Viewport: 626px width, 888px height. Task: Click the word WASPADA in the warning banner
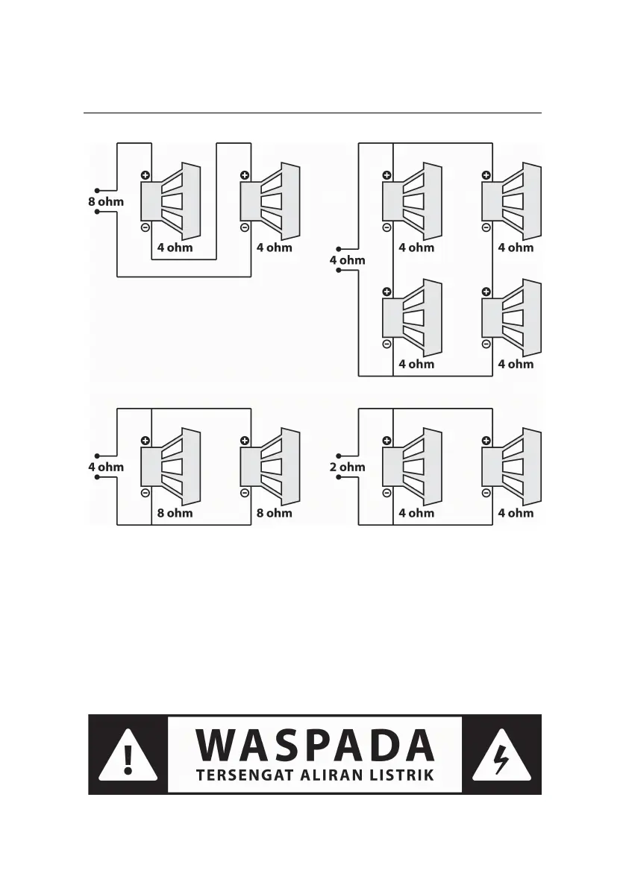pos(315,746)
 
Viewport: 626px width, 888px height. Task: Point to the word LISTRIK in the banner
pos(404,776)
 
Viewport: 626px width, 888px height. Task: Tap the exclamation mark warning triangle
pos(128,755)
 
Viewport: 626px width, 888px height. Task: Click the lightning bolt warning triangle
pos(502,755)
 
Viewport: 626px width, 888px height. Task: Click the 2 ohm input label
pos(347,467)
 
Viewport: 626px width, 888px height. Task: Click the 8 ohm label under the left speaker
pos(175,513)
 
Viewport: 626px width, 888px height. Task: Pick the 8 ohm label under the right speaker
pos(275,513)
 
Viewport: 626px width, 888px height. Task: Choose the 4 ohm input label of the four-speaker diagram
pos(347,260)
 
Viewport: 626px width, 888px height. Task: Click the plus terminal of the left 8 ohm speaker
pos(145,441)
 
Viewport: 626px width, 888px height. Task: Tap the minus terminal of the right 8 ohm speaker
pos(245,493)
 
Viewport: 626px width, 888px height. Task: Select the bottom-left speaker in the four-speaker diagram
pos(413,318)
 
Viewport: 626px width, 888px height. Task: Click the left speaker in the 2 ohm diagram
pos(413,467)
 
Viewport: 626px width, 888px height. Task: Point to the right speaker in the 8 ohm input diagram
pos(270,201)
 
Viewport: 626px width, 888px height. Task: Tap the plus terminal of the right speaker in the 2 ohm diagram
pos(486,441)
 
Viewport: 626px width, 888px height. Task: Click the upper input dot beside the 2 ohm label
pos(339,456)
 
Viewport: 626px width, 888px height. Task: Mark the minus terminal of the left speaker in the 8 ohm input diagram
pos(145,227)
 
